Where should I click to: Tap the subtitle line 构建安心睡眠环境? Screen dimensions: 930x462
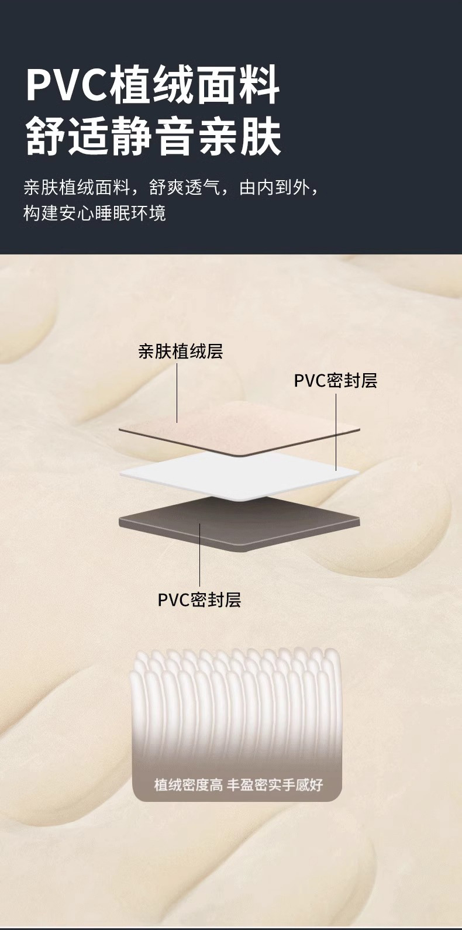[x=95, y=213]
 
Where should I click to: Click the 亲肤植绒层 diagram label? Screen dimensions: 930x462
[x=180, y=352]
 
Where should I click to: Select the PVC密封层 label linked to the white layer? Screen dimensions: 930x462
[x=335, y=381]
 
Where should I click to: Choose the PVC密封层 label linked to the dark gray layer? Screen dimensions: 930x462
[x=199, y=600]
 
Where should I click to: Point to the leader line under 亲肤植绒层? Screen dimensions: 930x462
[x=177, y=392]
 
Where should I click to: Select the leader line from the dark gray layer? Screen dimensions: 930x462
[x=200, y=556]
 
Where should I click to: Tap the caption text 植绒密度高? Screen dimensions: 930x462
[x=188, y=785]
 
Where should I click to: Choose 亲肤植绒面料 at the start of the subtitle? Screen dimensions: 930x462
[x=76, y=188]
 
